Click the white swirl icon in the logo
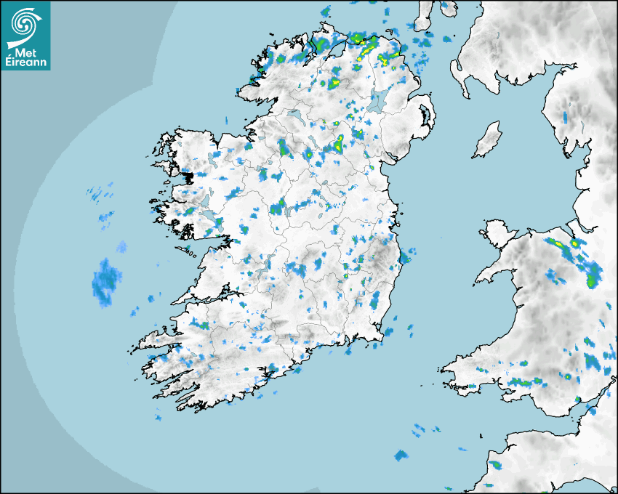point(25,24)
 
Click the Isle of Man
point(487,140)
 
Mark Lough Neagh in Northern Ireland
point(378,101)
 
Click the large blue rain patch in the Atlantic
point(105,282)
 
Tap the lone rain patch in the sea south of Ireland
point(401,455)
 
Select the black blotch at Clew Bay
point(188,177)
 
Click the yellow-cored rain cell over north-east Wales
point(574,243)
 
